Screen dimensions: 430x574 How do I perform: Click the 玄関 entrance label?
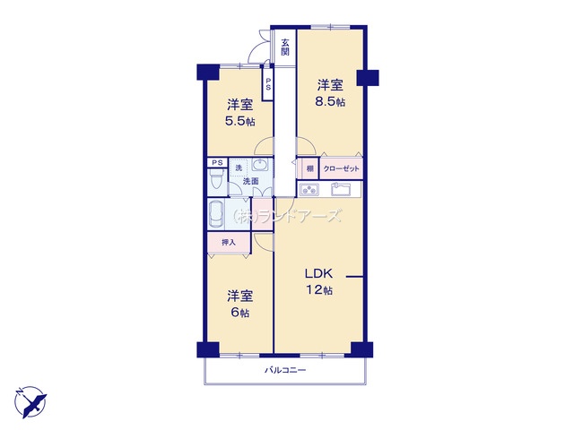point(284,47)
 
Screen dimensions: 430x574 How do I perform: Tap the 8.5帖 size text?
point(330,102)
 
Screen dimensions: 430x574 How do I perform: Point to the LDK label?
point(318,274)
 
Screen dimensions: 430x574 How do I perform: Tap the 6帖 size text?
point(239,312)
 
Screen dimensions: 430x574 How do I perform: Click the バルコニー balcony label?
point(285,370)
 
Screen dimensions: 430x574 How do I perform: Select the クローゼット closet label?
point(341,168)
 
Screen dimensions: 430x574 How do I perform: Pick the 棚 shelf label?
point(309,168)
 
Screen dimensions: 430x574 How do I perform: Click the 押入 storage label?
point(229,242)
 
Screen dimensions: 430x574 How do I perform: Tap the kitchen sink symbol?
point(343,189)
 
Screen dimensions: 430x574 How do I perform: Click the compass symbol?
point(30,397)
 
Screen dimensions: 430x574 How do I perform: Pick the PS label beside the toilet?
point(215,162)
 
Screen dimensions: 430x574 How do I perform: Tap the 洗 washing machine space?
point(239,168)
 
